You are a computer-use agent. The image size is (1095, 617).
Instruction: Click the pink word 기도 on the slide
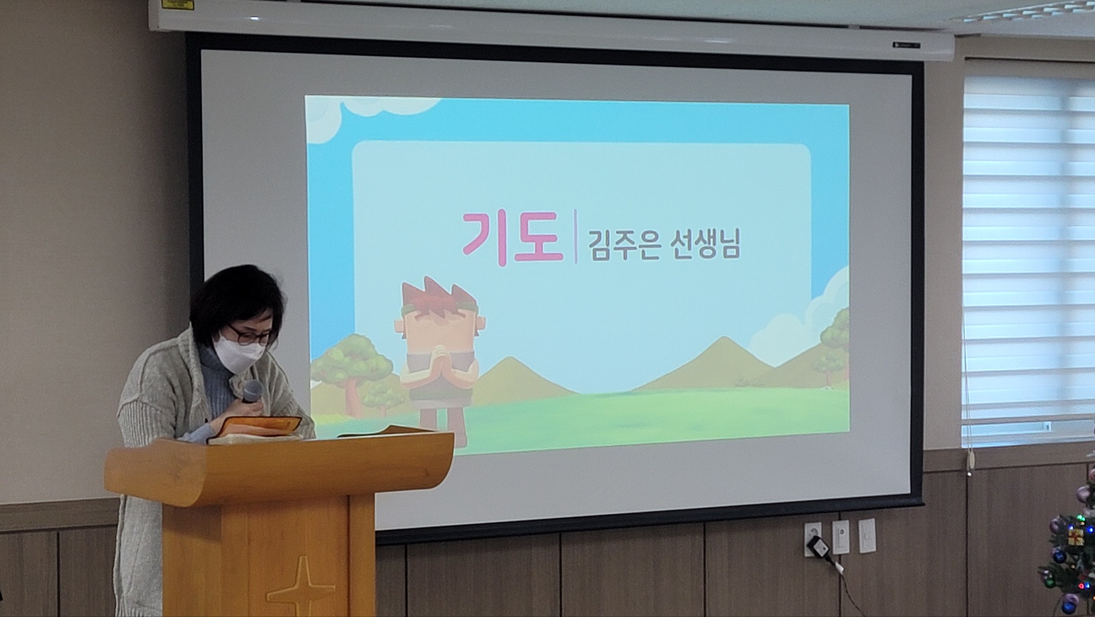(512, 238)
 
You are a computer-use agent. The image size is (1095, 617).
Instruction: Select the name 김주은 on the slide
(623, 244)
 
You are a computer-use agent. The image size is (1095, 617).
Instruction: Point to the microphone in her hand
(253, 392)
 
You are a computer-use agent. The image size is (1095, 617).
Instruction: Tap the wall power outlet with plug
(813, 539)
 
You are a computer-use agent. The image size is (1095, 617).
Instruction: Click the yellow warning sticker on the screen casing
(178, 5)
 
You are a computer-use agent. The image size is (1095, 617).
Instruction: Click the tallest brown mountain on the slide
(714, 364)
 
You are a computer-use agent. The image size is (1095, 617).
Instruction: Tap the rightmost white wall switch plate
(866, 536)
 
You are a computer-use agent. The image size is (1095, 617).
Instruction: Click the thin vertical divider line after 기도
(576, 236)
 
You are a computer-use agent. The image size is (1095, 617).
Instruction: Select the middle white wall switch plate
(841, 537)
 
